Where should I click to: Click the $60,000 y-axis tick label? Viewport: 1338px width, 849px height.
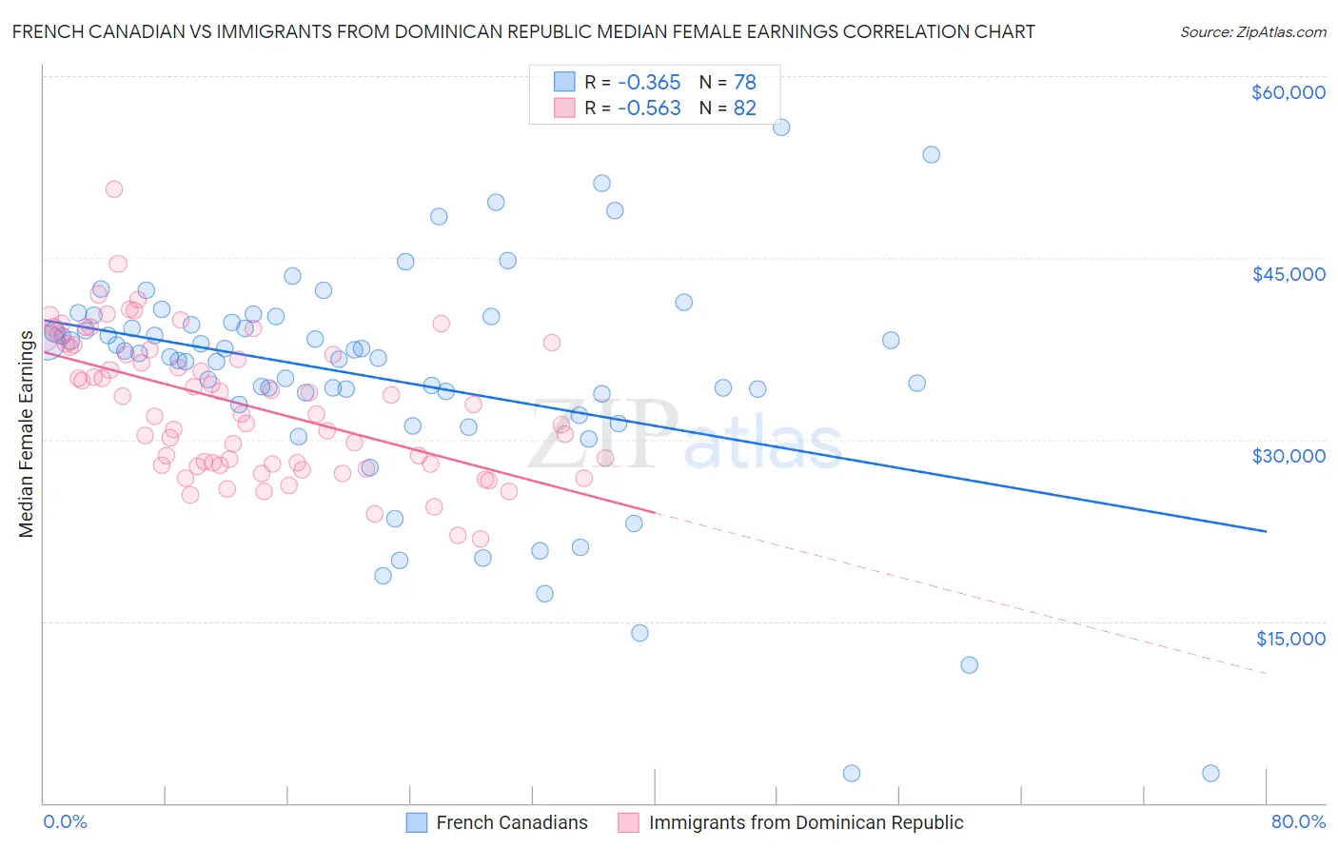coord(1288,92)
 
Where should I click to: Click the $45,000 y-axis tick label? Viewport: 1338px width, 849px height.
coord(1288,274)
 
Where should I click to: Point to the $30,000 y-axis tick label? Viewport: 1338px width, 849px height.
coord(1288,456)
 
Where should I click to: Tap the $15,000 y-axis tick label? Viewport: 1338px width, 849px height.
coord(1290,639)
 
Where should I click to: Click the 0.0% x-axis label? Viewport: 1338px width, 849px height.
coord(65,822)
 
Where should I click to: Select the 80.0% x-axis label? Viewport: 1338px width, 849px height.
coord(1298,822)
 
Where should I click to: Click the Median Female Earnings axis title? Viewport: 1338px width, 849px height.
coord(27,434)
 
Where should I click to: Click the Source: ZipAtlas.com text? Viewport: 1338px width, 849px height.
coord(1252,32)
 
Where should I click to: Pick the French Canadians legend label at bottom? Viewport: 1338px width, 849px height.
coord(511,823)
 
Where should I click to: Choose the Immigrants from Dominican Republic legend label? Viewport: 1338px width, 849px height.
coord(805,823)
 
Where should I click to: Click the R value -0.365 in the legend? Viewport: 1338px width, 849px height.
coord(649,83)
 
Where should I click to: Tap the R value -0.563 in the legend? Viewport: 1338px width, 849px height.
coord(649,109)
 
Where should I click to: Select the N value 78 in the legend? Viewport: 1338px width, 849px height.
coord(744,83)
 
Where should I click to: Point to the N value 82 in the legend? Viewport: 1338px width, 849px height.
coord(744,109)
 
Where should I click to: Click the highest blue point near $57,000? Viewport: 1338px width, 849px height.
coord(781,128)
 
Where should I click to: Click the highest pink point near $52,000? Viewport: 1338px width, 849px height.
coord(114,189)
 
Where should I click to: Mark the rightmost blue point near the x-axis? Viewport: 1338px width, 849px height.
coord(1210,774)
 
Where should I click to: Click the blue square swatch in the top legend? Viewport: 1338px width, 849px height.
coord(564,83)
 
